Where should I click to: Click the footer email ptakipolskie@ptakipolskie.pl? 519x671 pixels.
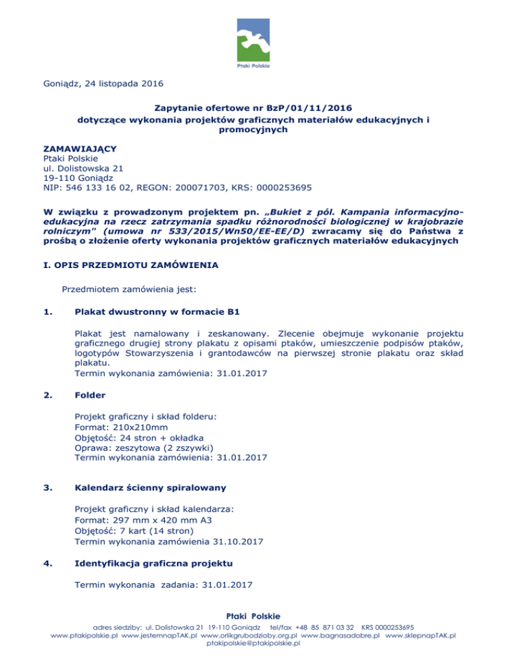259,662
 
